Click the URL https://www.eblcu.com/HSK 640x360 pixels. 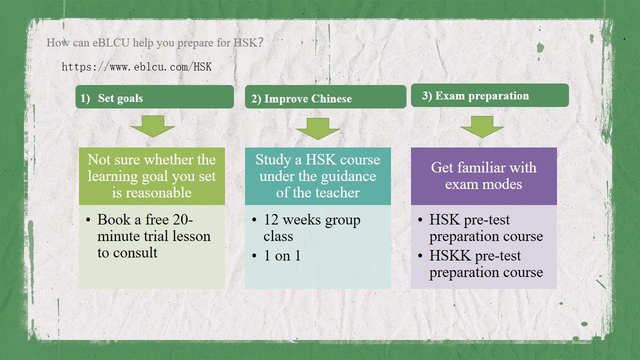point(136,67)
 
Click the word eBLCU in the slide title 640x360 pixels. point(111,42)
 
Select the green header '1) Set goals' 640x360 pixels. point(154,97)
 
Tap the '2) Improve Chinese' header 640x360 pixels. point(325,97)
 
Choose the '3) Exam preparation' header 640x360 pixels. point(489,95)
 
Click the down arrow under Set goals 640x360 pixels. point(153,126)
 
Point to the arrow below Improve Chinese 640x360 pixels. point(317,128)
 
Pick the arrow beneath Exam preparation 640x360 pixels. point(482,127)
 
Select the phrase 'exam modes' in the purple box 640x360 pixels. point(483,184)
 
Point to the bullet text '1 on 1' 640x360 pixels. point(282,255)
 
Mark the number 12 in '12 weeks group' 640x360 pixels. point(271,219)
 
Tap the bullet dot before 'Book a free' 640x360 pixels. point(88,220)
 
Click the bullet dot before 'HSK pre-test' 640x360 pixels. point(420,220)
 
